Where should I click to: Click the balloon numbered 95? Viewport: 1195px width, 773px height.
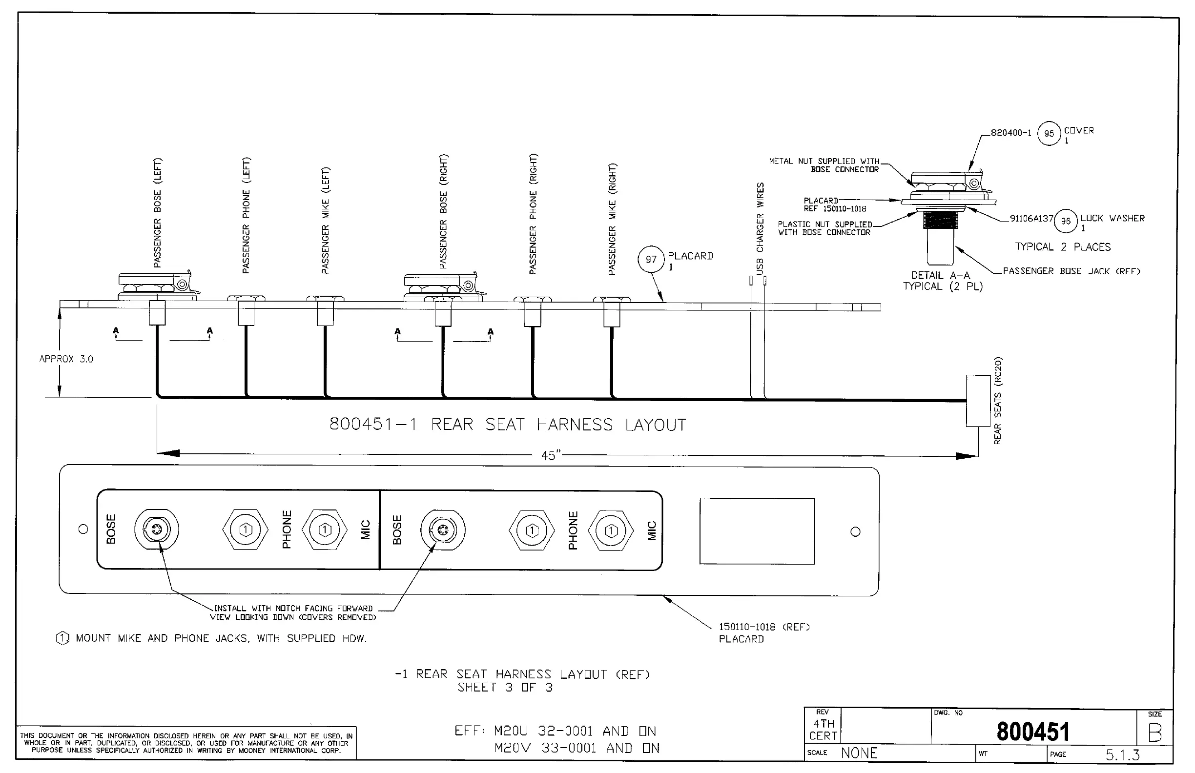click(x=1049, y=134)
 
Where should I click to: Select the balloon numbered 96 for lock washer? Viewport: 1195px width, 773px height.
click(x=1066, y=222)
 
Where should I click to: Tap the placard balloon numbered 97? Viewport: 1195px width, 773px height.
click(x=651, y=260)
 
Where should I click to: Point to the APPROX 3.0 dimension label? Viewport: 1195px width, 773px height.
click(x=66, y=359)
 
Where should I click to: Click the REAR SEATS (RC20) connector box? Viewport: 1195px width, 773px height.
click(x=978, y=401)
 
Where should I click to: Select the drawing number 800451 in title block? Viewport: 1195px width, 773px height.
click(x=1033, y=732)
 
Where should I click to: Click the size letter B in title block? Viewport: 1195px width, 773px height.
click(x=1155, y=734)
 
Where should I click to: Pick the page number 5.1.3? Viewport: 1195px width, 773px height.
click(x=1122, y=755)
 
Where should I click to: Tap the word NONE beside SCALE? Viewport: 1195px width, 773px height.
click(x=859, y=753)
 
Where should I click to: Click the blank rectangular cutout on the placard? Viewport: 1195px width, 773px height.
click(x=757, y=531)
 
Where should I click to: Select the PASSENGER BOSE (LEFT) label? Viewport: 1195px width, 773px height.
click(x=158, y=213)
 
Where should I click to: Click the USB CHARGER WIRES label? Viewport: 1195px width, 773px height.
click(x=760, y=228)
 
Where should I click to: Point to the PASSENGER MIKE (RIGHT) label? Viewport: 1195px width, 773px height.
click(x=612, y=219)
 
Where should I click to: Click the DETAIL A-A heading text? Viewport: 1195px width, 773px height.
click(x=941, y=276)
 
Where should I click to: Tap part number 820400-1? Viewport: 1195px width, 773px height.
click(x=1011, y=133)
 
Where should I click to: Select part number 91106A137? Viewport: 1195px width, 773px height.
click(x=1031, y=219)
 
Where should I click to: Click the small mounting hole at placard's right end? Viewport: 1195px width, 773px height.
click(x=856, y=531)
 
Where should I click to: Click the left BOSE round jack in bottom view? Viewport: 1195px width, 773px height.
click(x=156, y=529)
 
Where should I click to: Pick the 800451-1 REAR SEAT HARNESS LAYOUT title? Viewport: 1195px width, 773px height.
click(x=507, y=425)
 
